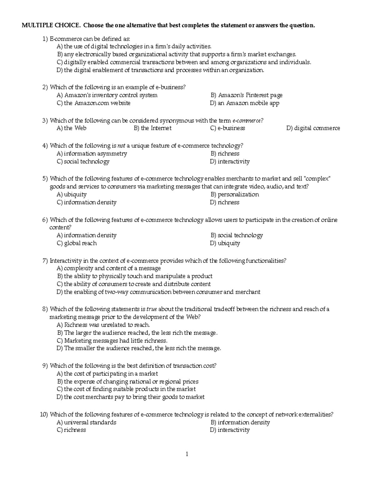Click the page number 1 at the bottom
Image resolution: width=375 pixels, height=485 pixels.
coord(187,454)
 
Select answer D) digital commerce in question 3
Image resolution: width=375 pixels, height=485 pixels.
coord(313,128)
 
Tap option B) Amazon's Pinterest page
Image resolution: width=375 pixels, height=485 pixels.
coord(246,95)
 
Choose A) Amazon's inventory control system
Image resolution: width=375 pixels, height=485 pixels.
coord(107,95)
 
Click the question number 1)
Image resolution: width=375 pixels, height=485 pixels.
coord(45,39)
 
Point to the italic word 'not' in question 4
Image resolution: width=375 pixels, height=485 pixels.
coord(121,146)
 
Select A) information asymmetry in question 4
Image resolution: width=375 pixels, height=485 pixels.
coord(92,154)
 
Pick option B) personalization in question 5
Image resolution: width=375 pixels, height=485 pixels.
coord(234,195)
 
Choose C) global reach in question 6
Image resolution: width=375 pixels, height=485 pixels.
coord(77,243)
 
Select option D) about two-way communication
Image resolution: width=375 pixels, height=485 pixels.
coord(158,292)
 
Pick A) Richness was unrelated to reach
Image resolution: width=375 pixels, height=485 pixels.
coord(103,325)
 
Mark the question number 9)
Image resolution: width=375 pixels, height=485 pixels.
coord(45,366)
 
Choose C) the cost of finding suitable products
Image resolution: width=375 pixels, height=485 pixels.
coord(126,389)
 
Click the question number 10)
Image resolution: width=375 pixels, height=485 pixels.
coord(44,414)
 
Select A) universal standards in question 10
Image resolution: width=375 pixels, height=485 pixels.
coord(86,422)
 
